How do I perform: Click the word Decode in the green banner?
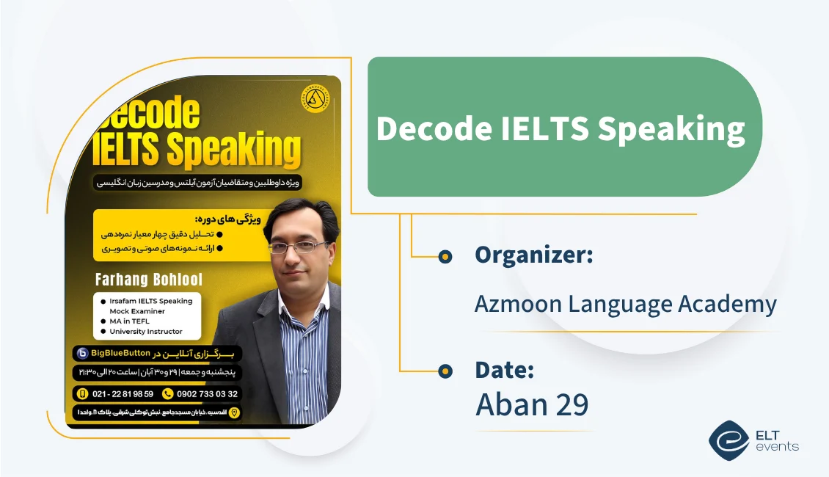point(434,129)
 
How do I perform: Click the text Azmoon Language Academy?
point(625,303)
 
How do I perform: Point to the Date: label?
point(504,370)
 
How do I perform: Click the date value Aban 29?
point(532,404)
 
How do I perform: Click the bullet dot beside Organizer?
point(445,256)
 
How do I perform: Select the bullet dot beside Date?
point(445,371)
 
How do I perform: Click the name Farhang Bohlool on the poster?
point(149,280)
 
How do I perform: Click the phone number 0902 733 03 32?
point(207,393)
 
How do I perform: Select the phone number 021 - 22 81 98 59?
point(122,393)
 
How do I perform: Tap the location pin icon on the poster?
point(235,413)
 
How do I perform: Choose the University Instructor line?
point(145,332)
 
